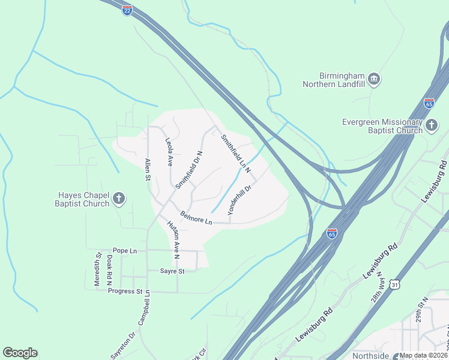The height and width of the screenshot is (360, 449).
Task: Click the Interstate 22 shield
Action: click(127, 10)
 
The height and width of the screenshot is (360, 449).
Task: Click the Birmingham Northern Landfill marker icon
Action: click(374, 79)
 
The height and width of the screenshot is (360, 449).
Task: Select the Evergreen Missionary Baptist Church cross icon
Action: click(432, 125)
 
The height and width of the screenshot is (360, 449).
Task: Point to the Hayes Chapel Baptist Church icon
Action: click(119, 199)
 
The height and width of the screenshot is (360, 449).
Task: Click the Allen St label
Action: click(147, 169)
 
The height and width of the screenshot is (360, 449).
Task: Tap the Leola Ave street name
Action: click(169, 152)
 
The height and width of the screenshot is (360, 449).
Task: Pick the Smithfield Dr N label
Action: click(189, 170)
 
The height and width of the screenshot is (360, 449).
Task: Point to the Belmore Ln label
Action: click(196, 217)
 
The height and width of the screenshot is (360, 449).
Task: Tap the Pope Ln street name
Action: click(125, 250)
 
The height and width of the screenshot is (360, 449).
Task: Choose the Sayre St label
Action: click(172, 271)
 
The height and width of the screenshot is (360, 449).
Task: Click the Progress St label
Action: click(125, 292)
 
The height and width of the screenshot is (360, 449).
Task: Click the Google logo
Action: click(20, 353)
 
